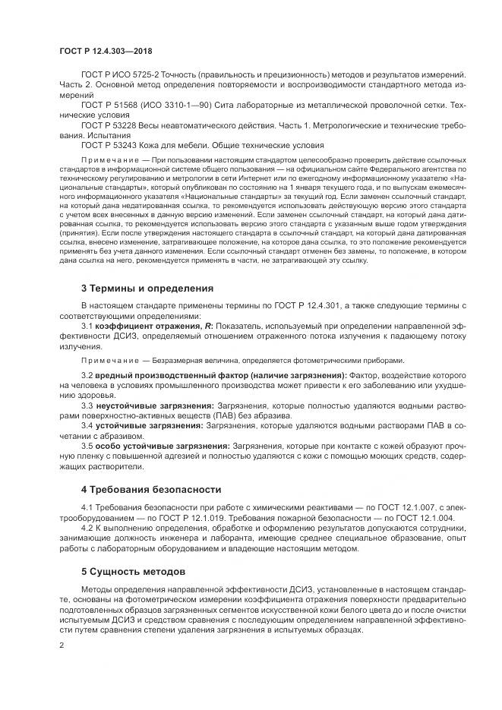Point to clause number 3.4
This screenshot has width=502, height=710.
click(x=87, y=425)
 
